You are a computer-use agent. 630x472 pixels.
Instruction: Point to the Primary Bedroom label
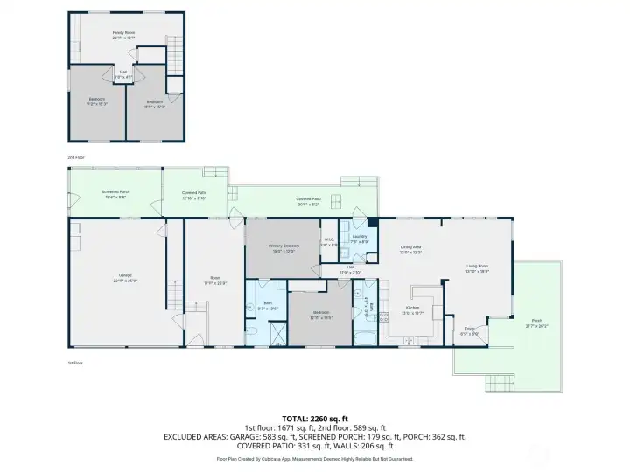click(x=284, y=247)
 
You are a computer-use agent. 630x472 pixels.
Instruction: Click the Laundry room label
click(x=359, y=238)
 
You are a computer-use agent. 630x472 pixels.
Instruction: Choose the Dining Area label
click(x=410, y=251)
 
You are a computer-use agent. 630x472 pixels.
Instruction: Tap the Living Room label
click(x=477, y=269)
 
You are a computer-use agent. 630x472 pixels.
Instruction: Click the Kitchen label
click(x=411, y=309)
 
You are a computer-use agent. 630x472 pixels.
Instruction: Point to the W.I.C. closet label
click(x=329, y=242)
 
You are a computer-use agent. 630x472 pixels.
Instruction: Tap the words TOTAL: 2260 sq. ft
click(x=315, y=418)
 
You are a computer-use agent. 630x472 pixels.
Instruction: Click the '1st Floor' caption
click(x=76, y=362)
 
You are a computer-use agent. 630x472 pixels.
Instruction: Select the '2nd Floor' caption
click(x=77, y=157)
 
